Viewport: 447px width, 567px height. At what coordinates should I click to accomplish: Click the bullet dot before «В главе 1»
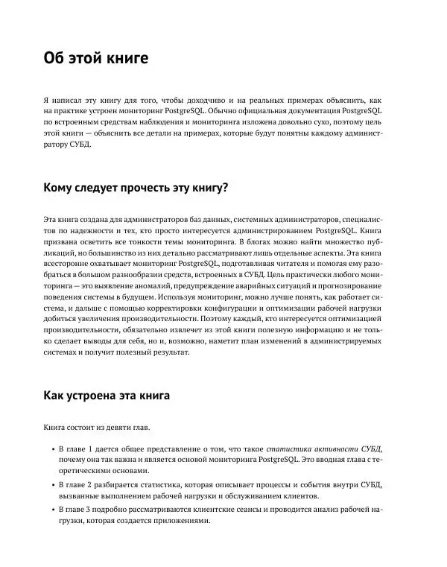49,451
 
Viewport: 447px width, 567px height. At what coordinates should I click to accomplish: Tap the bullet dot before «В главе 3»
49,509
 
